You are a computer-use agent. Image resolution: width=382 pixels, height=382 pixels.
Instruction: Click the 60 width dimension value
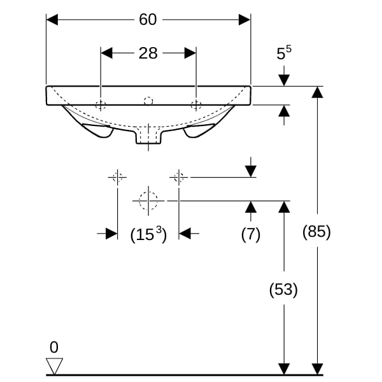(148, 20)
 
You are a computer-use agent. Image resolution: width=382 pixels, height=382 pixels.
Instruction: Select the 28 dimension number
(148, 53)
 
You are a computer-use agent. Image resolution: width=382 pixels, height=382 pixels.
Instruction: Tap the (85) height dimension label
(316, 232)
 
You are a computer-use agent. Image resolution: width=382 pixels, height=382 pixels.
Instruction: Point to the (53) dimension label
(283, 290)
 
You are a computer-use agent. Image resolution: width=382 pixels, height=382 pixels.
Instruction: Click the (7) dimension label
(251, 234)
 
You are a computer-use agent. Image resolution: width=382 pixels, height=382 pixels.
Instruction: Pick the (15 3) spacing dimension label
(148, 234)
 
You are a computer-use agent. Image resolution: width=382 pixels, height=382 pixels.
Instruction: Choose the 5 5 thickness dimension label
(284, 53)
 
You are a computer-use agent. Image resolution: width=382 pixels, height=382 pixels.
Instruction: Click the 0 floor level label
(54, 347)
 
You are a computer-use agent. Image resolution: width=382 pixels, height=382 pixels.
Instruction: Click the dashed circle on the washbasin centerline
(148, 101)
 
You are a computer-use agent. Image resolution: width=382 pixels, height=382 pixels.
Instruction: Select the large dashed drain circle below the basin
(148, 201)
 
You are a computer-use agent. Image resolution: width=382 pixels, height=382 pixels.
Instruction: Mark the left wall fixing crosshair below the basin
(117, 177)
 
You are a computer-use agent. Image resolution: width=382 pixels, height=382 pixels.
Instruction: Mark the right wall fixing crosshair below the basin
(179, 177)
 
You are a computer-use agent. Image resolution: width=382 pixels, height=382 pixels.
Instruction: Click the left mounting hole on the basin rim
(101, 105)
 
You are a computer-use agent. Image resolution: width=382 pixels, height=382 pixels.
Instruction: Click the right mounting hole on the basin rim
(196, 105)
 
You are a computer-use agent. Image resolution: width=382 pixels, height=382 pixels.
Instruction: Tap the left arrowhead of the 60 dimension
(52, 20)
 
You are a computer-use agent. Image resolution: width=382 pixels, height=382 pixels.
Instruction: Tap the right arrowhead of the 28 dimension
(190, 53)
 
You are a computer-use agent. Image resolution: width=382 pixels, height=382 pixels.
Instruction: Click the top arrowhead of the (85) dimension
(317, 92)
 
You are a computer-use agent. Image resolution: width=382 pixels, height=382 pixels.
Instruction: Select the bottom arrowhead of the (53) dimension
(284, 369)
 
